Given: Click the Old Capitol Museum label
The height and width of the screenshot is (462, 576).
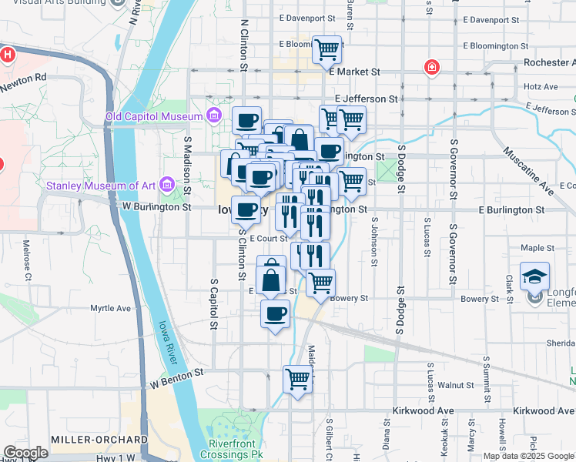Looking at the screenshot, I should coord(155,117).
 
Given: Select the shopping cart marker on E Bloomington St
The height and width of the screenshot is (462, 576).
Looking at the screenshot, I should coord(328,50).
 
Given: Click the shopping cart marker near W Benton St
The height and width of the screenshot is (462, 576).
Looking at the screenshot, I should coord(297,378).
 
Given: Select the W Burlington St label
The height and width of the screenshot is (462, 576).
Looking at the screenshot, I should coord(156,206).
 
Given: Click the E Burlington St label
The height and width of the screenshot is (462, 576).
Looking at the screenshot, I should coord(511,209).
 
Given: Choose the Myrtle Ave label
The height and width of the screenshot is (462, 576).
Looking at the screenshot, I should coord(111,308).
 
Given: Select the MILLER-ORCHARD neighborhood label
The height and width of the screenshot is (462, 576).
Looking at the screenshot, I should coord(99,439).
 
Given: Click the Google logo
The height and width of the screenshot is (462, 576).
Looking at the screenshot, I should coord(25,453).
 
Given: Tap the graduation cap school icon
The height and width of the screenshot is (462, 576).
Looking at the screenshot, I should coord(534,276).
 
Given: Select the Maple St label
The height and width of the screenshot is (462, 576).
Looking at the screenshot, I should coord(537,248).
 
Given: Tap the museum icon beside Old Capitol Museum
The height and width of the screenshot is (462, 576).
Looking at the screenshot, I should coord(214,117).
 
